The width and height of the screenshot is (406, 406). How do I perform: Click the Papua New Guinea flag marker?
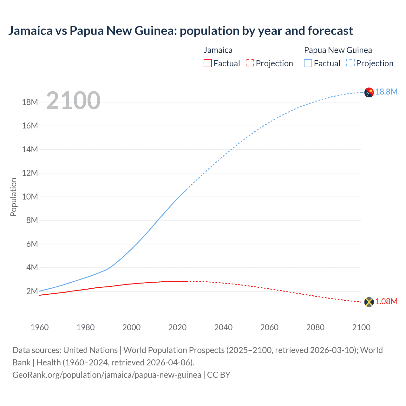(369, 92)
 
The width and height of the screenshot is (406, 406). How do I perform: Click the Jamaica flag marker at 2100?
(369, 302)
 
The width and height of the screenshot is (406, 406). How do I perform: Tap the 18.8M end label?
(386, 92)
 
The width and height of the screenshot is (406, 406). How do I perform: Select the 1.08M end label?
(386, 302)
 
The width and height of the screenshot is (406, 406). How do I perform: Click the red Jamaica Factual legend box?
(207, 63)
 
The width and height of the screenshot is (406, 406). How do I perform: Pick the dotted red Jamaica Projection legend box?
(250, 63)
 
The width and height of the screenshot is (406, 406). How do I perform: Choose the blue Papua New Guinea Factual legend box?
(308, 63)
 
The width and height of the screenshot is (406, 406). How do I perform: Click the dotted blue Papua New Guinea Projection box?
(350, 63)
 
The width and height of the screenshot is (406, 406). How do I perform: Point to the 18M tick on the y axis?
(30, 102)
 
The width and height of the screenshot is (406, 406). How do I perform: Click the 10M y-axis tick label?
(30, 197)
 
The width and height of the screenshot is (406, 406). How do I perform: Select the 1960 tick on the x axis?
(40, 327)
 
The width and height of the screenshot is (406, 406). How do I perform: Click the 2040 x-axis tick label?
(223, 327)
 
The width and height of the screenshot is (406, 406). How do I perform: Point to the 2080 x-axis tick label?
(315, 327)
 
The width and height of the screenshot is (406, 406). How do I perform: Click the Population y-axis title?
(13, 197)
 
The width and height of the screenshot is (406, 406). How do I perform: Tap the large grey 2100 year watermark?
(73, 101)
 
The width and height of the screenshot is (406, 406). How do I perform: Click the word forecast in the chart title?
(330, 31)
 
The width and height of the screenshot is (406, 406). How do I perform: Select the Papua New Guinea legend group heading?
(338, 50)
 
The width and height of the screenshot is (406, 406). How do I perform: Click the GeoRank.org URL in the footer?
(107, 375)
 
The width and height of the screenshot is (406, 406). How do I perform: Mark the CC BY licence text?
(219, 375)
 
